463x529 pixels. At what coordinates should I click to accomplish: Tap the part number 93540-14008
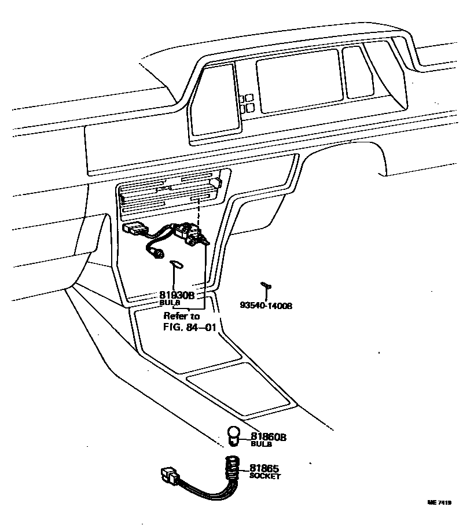coord(266,305)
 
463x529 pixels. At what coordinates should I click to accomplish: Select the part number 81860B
coord(268,437)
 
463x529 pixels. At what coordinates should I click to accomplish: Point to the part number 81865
coord(264,468)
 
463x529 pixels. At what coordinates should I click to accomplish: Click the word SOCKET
coord(265,476)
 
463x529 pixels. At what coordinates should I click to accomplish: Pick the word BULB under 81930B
coord(170,303)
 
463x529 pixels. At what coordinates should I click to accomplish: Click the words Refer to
coord(181,316)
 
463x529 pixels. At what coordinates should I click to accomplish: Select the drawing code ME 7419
coord(439,502)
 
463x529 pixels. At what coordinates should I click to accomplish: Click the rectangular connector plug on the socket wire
coord(169,476)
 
